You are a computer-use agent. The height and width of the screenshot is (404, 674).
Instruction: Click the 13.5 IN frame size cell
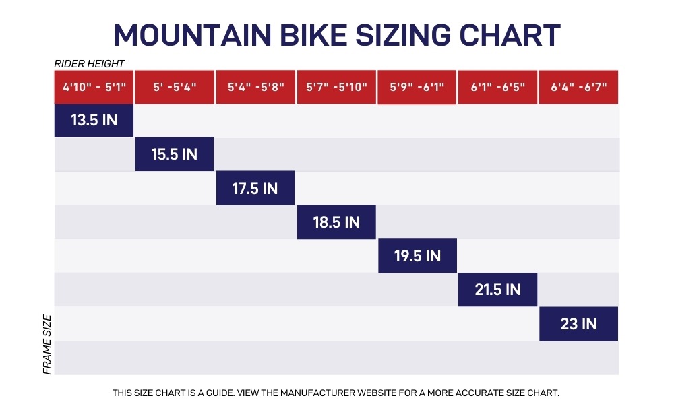pos(94,121)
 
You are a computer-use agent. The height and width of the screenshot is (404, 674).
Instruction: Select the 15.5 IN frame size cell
pos(174,154)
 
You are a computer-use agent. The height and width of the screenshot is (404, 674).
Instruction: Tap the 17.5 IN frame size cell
pos(255,189)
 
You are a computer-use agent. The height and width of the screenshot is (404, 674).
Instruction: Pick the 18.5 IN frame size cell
pos(336,222)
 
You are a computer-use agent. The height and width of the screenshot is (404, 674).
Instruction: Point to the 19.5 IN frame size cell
pos(417,256)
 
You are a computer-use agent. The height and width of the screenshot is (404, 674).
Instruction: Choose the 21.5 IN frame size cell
pos(497,290)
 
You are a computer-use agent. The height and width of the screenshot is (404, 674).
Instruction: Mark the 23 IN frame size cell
pos(578,324)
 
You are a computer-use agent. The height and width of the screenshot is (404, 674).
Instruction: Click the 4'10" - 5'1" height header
pos(94,87)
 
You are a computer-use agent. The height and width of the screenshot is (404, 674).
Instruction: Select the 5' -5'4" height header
pos(174,87)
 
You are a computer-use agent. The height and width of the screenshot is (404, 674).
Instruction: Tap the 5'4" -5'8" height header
pos(255,87)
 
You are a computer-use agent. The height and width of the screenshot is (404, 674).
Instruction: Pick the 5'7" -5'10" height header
pos(336,87)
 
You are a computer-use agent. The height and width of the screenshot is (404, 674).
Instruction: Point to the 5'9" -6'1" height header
pos(417,87)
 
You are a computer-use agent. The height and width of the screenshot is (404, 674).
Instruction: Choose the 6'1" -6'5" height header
pos(497,87)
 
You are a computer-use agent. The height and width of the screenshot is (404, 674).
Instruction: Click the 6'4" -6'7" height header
pos(578,87)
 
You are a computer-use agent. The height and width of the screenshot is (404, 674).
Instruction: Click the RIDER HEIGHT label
pos(89,64)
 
